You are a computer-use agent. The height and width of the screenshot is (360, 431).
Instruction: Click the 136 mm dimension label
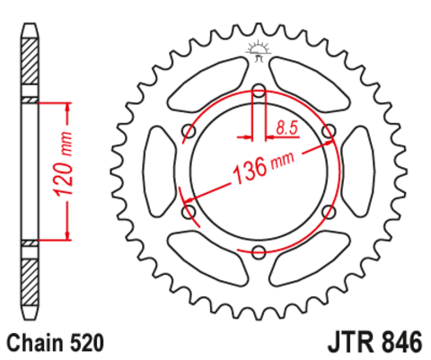coord(263,168)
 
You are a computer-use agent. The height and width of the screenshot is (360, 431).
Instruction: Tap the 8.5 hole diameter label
coord(287,127)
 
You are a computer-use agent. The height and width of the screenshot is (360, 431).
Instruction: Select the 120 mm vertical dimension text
coord(63,163)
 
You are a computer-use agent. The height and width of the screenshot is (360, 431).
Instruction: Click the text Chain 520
coord(56,343)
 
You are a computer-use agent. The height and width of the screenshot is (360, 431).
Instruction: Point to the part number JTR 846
coord(375,342)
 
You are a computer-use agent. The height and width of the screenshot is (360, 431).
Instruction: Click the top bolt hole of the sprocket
coord(259,91)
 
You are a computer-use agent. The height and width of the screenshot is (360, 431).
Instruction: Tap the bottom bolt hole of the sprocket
coord(259,251)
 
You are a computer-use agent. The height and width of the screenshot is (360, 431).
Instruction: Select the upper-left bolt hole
coord(189,131)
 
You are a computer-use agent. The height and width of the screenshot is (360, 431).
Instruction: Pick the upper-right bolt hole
coord(329,131)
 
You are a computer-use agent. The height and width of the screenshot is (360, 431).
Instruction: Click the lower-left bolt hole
coord(189,212)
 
